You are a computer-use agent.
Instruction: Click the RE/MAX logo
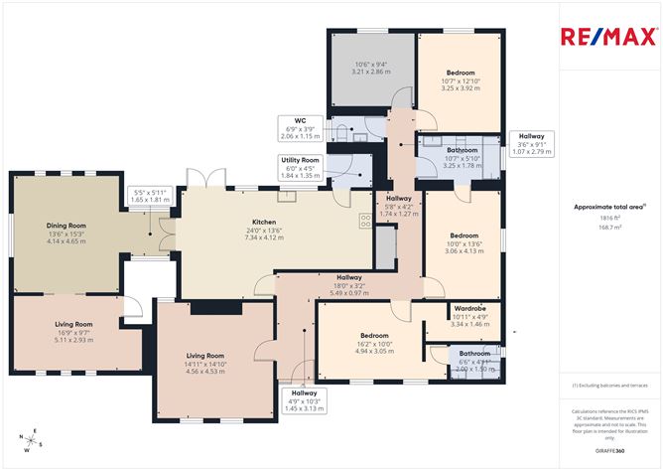609,38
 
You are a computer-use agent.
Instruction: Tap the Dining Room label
66,226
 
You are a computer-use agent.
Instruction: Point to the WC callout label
299,127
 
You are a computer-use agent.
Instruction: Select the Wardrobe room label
468,308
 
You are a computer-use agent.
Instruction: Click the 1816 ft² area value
609,217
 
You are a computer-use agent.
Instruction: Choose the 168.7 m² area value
609,227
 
